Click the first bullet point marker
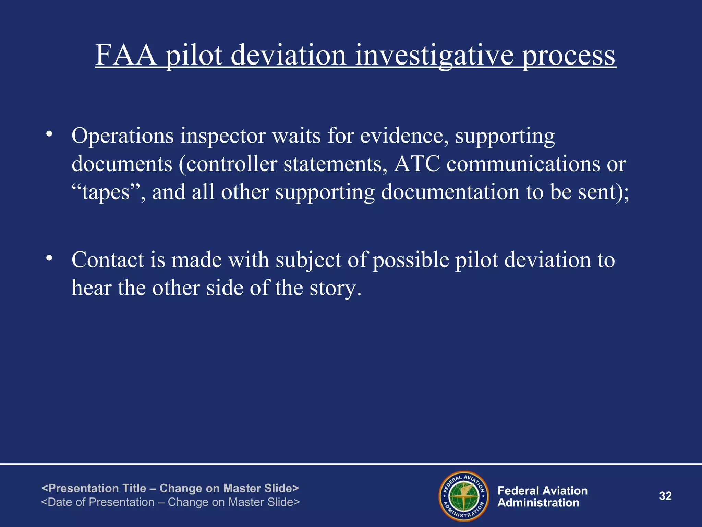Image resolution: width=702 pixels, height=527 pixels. tap(50, 134)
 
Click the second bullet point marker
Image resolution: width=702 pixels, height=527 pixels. tap(50, 258)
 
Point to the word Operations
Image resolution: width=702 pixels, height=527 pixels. tap(123, 136)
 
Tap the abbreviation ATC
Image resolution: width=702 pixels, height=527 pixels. tap(417, 164)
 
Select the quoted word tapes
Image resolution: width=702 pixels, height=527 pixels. tap(106, 192)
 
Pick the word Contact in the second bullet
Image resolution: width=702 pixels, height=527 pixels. tap(108, 260)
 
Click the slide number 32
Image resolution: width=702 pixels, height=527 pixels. tap(665, 496)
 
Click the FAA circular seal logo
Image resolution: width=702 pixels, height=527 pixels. tap(464, 496)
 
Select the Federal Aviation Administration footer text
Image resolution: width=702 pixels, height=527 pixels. tap(542, 496)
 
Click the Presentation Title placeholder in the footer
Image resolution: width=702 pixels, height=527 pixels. tap(170, 488)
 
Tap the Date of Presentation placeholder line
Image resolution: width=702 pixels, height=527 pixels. tap(170, 502)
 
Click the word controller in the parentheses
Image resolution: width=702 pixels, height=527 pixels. tap(232, 164)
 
